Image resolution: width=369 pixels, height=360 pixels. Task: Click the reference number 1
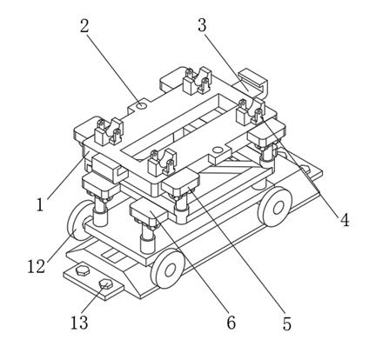click(x=40, y=205)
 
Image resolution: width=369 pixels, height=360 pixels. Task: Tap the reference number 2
click(x=84, y=26)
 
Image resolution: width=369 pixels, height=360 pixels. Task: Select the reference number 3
click(x=202, y=25)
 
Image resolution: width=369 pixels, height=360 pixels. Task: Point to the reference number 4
click(x=345, y=220)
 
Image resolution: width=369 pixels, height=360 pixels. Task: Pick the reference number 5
click(x=286, y=323)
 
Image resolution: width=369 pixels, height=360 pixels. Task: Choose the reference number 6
click(x=231, y=323)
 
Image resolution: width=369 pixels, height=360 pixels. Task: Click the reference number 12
click(x=37, y=267)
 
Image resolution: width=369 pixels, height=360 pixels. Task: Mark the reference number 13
click(x=79, y=323)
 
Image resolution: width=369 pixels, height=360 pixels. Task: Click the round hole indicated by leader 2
click(x=142, y=106)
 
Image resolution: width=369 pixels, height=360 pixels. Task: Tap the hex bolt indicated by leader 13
click(x=105, y=283)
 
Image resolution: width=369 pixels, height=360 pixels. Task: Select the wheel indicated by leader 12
click(x=78, y=220)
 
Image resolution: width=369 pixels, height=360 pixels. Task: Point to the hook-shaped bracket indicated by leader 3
click(x=252, y=82)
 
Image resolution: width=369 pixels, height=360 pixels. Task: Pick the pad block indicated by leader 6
click(x=149, y=214)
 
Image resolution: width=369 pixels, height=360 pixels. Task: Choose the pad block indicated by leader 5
click(x=181, y=183)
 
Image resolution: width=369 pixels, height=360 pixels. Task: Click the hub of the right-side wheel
click(x=278, y=206)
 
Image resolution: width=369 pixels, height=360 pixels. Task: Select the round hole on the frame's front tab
click(x=217, y=150)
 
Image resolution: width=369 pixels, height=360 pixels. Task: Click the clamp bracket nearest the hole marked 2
click(x=109, y=132)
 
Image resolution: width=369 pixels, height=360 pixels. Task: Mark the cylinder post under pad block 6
click(x=148, y=240)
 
